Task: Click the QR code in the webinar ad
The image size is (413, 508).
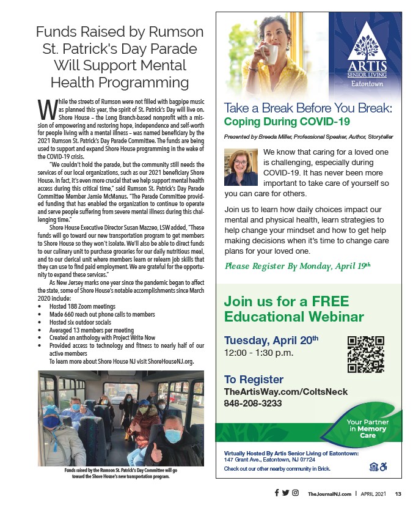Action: tap(365, 355)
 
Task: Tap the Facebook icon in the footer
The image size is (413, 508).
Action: tap(276, 493)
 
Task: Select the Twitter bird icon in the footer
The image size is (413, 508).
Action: tap(285, 493)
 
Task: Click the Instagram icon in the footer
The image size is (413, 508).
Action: tap(295, 493)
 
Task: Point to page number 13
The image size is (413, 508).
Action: tap(398, 493)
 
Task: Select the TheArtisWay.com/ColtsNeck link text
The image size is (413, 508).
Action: tap(286, 392)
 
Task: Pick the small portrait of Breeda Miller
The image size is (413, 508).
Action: tap(241, 167)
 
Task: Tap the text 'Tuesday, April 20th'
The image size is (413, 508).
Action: tap(271, 341)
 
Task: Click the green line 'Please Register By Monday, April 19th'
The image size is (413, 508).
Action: tap(298, 265)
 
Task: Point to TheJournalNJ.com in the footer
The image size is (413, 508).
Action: tap(329, 493)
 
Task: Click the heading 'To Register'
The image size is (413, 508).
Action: tap(254, 379)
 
